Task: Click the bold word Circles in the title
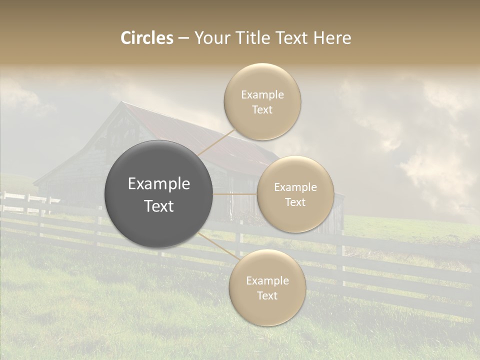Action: (147, 38)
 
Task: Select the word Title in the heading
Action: (249, 38)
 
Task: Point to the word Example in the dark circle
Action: (159, 184)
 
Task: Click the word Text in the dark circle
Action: (159, 206)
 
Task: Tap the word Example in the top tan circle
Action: (262, 95)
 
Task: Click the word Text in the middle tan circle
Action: (295, 202)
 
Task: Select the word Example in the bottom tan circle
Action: (267, 281)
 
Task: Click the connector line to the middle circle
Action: (235, 194)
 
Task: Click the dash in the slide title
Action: (183, 38)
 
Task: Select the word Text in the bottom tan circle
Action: (267, 295)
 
